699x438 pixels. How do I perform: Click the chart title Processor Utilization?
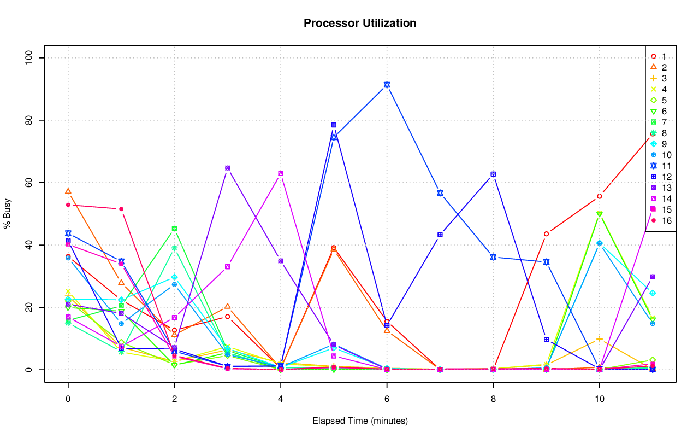pyautogui.click(x=360, y=23)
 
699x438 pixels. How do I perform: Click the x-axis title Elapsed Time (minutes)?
pyautogui.click(x=360, y=421)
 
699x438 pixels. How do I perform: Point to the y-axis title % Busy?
pyautogui.click(x=8, y=213)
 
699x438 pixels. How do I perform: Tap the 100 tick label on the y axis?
pyautogui.click(x=31, y=58)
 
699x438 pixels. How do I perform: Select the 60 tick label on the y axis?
pyautogui.click(x=31, y=183)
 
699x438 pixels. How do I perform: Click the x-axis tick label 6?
pyautogui.click(x=387, y=400)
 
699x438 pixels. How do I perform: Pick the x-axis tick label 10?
pyautogui.click(x=600, y=400)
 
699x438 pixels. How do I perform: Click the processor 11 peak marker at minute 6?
pyautogui.click(x=387, y=85)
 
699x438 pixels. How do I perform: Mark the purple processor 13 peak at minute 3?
pyautogui.click(x=227, y=168)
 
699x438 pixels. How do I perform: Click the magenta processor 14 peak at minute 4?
pyautogui.click(x=281, y=173)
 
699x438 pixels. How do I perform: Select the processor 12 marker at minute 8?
pyautogui.click(x=493, y=174)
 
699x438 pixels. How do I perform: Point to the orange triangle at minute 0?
pyautogui.click(x=68, y=191)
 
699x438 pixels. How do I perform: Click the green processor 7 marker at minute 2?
pyautogui.click(x=174, y=229)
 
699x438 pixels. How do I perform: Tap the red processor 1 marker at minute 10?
pyautogui.click(x=600, y=196)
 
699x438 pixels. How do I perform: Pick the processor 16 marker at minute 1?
pyautogui.click(x=121, y=209)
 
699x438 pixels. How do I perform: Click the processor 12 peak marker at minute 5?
pyautogui.click(x=334, y=125)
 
